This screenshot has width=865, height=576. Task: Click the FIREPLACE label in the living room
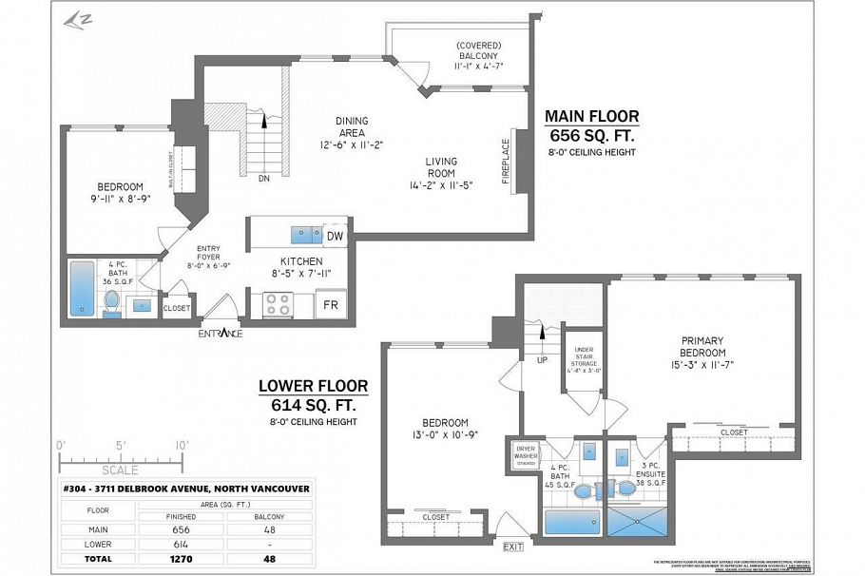506,161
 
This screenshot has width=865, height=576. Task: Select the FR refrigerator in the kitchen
331,305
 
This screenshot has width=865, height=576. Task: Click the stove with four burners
278,304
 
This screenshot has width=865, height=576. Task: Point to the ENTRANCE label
220,334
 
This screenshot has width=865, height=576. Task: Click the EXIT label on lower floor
513,547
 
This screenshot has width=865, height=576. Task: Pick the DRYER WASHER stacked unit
526,453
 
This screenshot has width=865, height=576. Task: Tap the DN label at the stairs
263,177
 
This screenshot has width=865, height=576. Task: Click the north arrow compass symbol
72,19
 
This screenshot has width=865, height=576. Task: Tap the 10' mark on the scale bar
182,445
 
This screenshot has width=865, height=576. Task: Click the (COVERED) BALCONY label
478,56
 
